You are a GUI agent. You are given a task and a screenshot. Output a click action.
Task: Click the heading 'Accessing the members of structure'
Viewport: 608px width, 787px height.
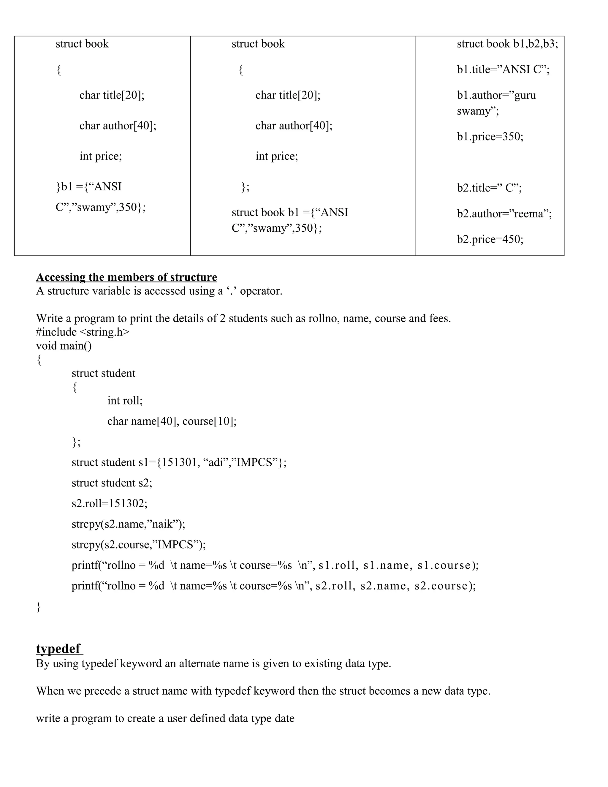[x=126, y=277]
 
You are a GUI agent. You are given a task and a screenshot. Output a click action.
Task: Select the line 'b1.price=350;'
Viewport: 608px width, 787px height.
[x=490, y=137]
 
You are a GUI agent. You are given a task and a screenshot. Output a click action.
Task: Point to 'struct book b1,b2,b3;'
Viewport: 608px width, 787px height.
[x=507, y=44]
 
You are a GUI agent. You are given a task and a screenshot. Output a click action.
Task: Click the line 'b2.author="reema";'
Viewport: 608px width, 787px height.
[x=504, y=214]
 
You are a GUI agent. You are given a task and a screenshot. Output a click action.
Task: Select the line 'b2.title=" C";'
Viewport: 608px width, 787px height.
[x=489, y=188]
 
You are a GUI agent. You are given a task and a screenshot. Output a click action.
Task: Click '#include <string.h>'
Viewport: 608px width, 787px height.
[x=83, y=332]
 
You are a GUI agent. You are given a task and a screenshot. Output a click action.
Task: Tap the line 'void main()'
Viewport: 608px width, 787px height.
[x=64, y=346]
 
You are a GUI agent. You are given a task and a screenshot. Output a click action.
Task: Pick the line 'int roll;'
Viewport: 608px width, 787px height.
[x=125, y=401]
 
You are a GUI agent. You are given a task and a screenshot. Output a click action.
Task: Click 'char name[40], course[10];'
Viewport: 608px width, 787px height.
[x=172, y=421]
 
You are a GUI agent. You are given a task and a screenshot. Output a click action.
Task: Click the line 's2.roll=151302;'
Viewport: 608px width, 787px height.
[x=110, y=503]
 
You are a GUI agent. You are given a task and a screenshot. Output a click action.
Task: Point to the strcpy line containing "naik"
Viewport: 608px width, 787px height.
[x=128, y=524]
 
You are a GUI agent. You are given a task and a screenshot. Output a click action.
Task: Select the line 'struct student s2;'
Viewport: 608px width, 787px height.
[x=112, y=483]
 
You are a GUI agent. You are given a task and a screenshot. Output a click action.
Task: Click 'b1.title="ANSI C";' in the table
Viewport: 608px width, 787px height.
[x=503, y=69]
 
